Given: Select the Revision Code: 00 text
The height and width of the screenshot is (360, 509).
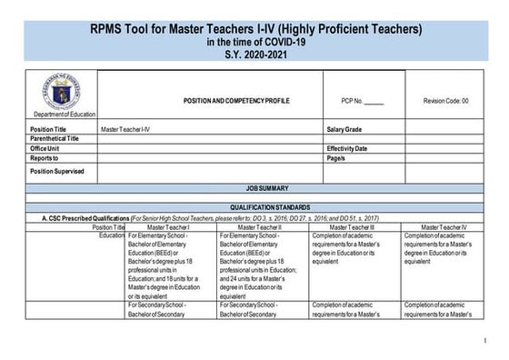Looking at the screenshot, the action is click(x=445, y=101).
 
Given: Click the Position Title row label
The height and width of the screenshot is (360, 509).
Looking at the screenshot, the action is click(x=48, y=130).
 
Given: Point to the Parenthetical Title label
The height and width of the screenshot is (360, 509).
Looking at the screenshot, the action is click(x=55, y=139).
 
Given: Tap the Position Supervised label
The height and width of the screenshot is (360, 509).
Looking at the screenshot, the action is click(x=56, y=170).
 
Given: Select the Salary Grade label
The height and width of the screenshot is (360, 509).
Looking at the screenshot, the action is click(x=346, y=130).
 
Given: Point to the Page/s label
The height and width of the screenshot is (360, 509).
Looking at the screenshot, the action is click(x=335, y=158).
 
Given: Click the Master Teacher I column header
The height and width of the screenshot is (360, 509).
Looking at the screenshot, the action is click(x=170, y=226).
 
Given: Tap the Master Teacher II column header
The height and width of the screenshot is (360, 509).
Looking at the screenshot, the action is click(x=263, y=226).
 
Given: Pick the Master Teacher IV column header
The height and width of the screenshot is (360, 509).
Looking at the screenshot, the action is click(x=439, y=226).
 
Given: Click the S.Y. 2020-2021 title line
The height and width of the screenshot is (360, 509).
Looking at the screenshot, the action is click(x=254, y=54).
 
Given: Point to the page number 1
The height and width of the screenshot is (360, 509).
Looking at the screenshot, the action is click(x=485, y=341).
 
